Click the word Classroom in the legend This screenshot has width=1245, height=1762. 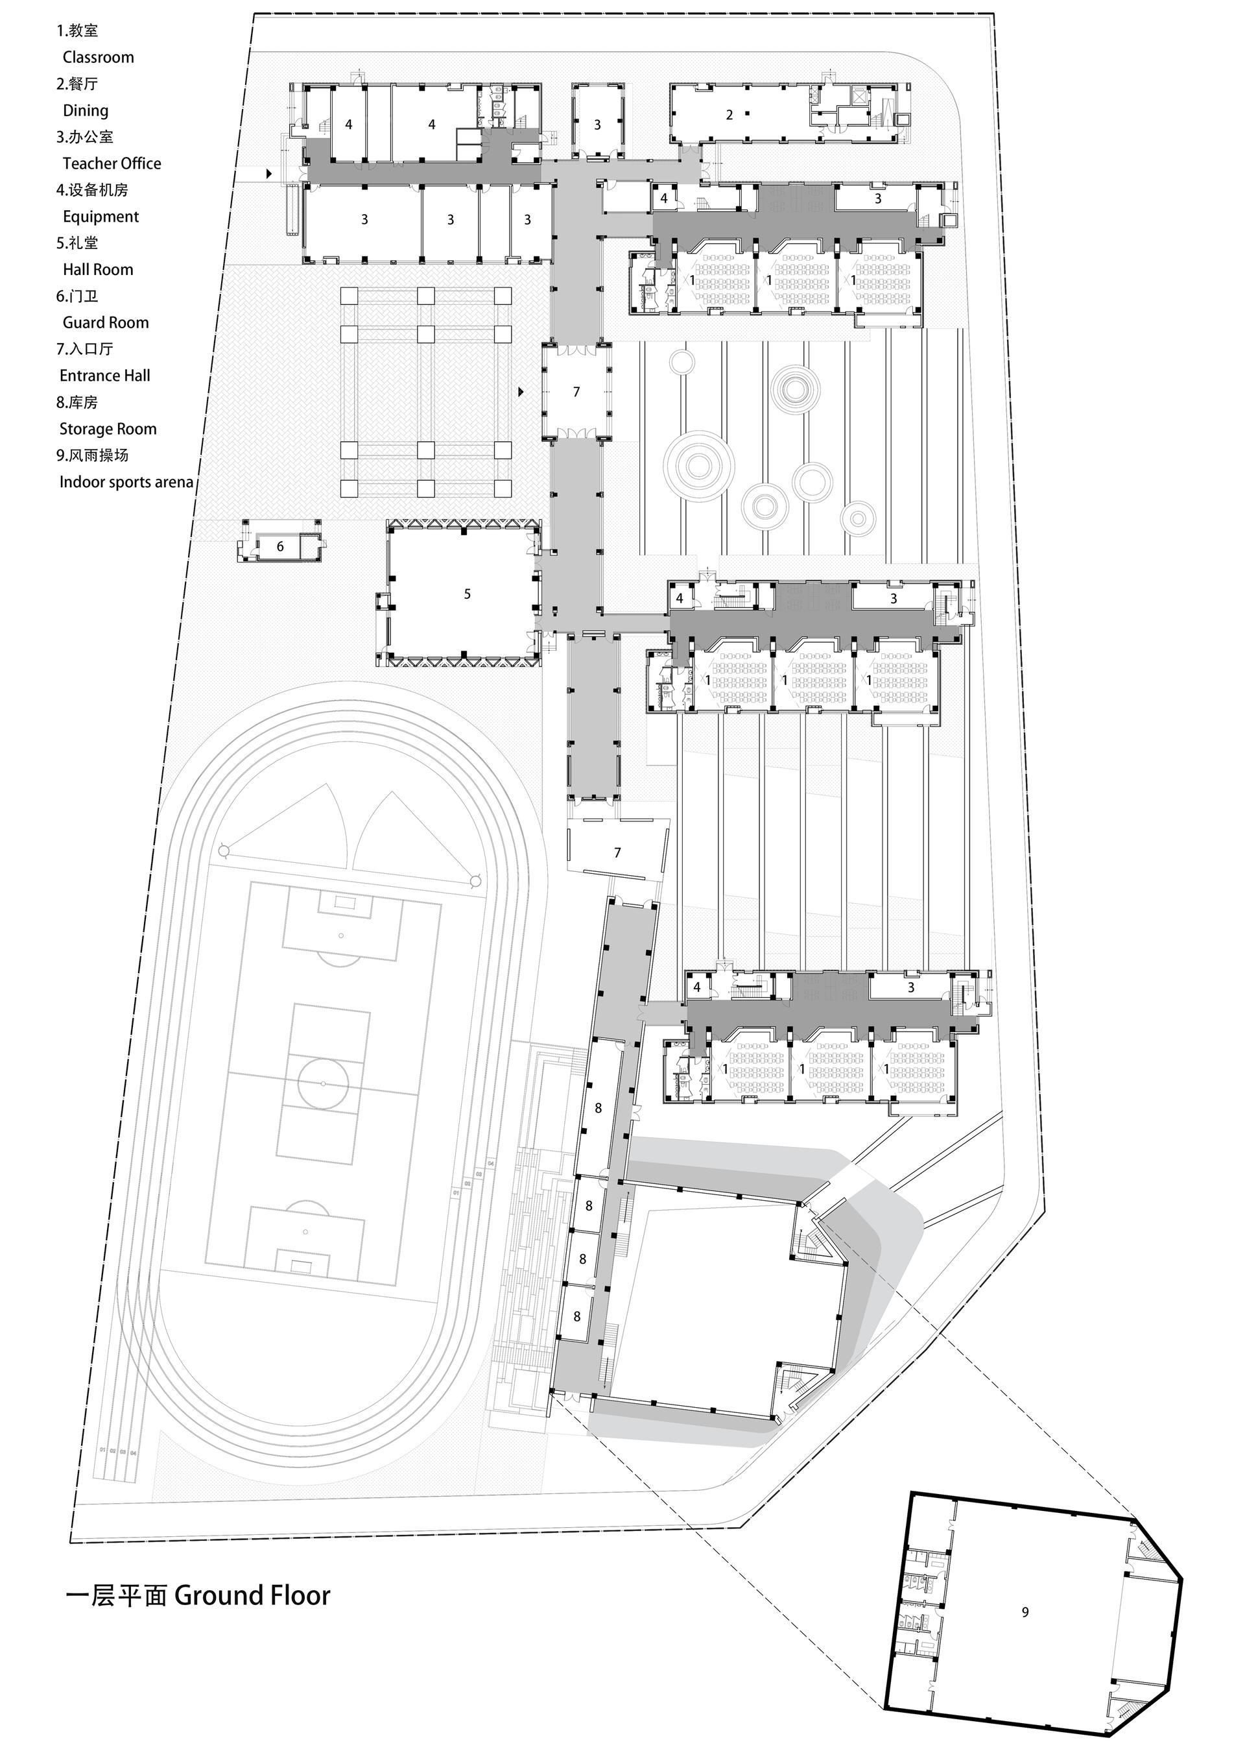98,58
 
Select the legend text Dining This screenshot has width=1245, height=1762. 85,110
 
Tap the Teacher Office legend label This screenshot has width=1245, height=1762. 112,163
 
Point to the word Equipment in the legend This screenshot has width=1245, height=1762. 101,217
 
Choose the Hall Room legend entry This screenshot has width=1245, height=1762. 97,269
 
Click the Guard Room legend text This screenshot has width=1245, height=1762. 105,322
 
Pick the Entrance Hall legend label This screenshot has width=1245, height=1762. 104,375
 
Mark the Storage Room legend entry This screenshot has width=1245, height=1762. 108,429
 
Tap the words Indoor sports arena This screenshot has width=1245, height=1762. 126,482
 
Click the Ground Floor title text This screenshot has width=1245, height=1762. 252,1595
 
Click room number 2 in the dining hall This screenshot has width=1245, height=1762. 729,115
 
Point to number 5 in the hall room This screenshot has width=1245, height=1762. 467,594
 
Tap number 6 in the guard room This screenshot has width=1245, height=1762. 280,546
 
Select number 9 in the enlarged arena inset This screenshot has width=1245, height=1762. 1025,1612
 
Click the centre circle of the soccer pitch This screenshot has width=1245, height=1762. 323,1082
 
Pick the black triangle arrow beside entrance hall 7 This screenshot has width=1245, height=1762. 521,392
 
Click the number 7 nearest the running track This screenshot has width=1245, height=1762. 617,852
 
